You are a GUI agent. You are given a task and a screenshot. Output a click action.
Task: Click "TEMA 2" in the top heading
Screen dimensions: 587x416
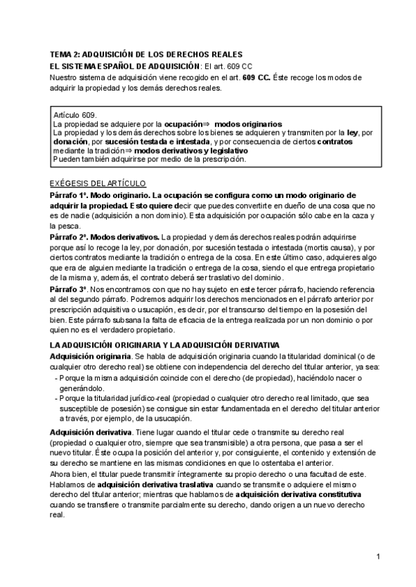(64, 54)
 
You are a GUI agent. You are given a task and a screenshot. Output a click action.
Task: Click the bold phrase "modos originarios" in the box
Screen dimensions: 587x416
(243, 124)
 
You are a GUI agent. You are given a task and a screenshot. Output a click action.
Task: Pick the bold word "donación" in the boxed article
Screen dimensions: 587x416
(70, 141)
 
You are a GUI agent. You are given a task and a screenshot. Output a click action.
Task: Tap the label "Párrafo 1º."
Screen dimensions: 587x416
(69, 195)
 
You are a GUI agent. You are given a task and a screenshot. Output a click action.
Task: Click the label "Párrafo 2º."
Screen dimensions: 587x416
(69, 237)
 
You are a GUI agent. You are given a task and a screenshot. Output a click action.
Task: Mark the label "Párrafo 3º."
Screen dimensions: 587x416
(69, 288)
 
